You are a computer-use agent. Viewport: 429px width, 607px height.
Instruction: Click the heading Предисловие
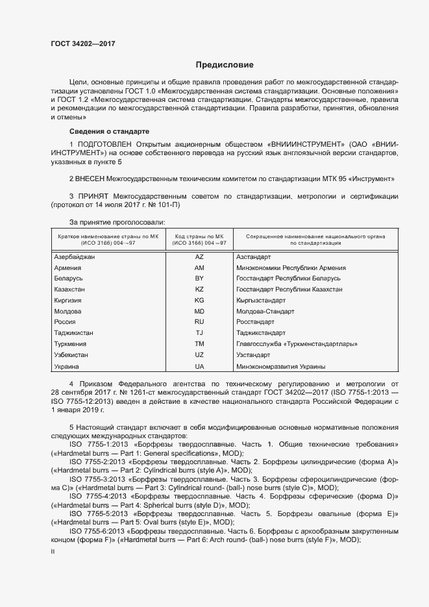(225, 66)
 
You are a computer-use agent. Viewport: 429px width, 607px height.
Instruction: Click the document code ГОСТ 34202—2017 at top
(83, 44)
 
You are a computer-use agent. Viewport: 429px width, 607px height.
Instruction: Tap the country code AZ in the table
(199, 257)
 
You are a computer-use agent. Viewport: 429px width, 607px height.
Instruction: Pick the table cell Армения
(67, 267)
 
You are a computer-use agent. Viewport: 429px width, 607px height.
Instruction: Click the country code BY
(199, 278)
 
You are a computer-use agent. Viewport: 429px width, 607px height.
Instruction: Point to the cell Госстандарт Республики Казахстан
(289, 289)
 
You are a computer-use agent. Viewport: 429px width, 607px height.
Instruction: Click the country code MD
(199, 311)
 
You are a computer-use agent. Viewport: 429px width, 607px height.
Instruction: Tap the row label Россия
(65, 321)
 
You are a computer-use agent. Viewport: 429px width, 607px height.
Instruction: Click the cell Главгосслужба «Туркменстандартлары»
(297, 343)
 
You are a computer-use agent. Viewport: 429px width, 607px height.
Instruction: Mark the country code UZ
(199, 354)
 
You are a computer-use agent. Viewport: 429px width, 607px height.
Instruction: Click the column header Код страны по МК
(200, 236)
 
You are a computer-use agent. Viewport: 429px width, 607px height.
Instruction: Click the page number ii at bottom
(53, 551)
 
